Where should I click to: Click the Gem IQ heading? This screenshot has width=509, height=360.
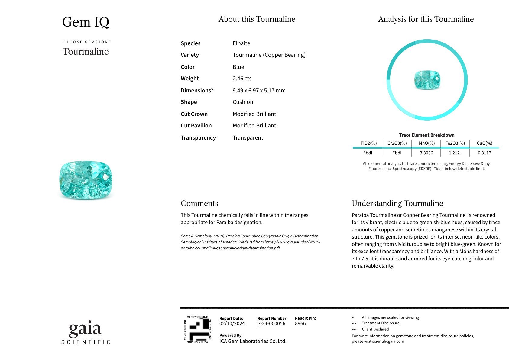click(x=86, y=22)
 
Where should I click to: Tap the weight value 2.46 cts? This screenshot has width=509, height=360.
click(x=242, y=79)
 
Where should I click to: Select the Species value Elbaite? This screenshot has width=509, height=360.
click(x=241, y=43)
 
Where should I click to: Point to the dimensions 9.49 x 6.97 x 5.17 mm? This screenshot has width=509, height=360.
click(x=259, y=91)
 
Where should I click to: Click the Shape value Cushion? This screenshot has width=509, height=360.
click(x=243, y=102)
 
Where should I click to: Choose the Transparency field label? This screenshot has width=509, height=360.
click(x=198, y=138)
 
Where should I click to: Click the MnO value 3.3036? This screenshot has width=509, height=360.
click(x=426, y=153)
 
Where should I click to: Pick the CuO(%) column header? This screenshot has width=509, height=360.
click(x=484, y=143)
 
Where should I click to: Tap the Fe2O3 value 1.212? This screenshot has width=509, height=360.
click(x=454, y=153)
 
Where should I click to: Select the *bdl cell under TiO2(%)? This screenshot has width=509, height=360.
click(x=368, y=153)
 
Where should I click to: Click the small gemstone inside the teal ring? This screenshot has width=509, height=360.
click(x=427, y=80)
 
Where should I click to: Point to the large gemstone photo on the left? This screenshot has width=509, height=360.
click(x=86, y=180)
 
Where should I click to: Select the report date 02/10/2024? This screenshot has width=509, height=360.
click(x=232, y=324)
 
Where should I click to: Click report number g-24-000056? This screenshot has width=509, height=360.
click(x=271, y=324)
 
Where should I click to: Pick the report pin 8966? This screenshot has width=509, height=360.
click(x=300, y=324)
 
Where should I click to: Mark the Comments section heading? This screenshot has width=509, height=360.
click(x=199, y=203)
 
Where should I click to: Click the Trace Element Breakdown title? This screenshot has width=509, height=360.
click(x=426, y=135)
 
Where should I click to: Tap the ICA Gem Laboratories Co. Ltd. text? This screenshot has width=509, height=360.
click(x=253, y=341)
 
